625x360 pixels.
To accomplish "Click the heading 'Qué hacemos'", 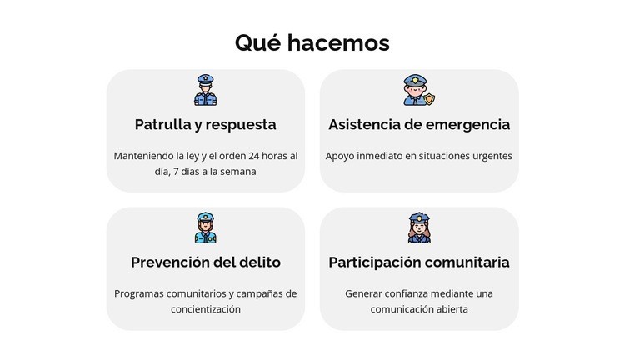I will coord(312,42).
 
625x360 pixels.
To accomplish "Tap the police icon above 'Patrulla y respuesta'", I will coord(205,90).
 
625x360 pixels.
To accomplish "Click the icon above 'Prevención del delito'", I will coord(205,227).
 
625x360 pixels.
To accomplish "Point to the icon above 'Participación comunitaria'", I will coord(419,227).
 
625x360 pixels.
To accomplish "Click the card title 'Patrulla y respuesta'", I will coord(205,125).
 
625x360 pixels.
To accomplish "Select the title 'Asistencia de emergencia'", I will coord(419,125).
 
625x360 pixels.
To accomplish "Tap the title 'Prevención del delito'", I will coord(205,262).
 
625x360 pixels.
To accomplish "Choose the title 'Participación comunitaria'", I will coord(419,262).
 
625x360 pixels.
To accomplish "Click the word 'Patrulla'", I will coord(162,125).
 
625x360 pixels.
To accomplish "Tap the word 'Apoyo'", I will coord(340,156).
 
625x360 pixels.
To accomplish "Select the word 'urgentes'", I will coord(491,156).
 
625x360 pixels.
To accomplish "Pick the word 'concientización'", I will coord(205,309).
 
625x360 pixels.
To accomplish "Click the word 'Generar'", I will coord(364,293).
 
